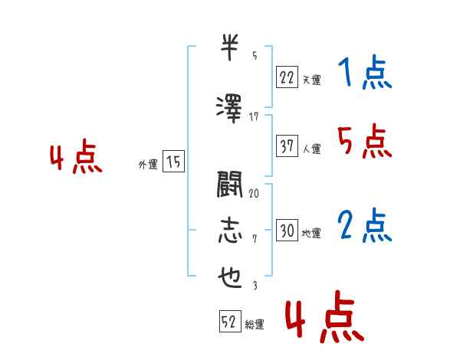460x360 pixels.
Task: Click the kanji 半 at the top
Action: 229,47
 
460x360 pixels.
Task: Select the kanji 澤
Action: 229,109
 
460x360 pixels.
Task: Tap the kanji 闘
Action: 230,185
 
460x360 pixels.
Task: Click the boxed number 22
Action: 287,77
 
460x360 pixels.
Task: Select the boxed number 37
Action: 287,146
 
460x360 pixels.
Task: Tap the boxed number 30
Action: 287,230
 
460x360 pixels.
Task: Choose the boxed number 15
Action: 173,162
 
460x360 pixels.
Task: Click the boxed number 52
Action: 230,321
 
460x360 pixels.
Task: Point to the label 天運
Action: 311,80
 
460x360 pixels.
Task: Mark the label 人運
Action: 311,149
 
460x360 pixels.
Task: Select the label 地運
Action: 311,233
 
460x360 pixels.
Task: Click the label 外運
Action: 148,164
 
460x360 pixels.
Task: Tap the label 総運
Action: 255,324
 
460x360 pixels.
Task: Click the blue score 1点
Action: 365,71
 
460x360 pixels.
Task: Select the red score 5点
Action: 365,141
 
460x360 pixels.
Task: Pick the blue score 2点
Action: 365,225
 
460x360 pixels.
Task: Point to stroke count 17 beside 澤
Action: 254,117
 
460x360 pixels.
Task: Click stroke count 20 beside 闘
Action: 254,193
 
